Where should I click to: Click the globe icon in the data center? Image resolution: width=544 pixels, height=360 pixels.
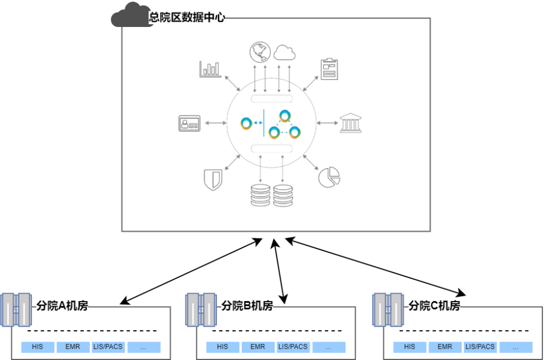260,52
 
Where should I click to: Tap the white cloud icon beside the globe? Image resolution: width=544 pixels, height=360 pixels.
285,53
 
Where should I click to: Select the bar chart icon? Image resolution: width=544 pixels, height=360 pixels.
210,69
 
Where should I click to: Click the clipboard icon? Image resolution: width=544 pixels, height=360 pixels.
328,69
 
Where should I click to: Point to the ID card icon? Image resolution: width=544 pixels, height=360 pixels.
189,123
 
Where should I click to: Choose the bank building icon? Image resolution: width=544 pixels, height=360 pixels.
350,123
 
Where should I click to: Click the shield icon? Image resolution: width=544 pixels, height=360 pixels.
213,179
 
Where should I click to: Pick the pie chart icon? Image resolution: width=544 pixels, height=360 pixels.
329,176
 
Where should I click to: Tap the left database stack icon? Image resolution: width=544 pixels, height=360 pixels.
260,195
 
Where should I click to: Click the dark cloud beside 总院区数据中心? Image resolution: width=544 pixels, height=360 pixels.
130,15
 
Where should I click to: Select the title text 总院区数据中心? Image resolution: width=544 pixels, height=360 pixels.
187,17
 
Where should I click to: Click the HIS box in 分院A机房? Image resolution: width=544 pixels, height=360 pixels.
38,347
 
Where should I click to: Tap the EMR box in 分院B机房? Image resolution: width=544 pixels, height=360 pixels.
258,347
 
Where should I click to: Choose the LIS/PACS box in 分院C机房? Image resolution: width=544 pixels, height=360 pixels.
480,347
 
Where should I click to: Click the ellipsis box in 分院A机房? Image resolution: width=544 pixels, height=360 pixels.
144,347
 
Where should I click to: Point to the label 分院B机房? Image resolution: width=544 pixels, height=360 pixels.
247,306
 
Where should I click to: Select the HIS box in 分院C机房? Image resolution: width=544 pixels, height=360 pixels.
410,347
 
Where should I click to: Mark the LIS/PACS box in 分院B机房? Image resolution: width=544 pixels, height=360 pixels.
293,347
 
